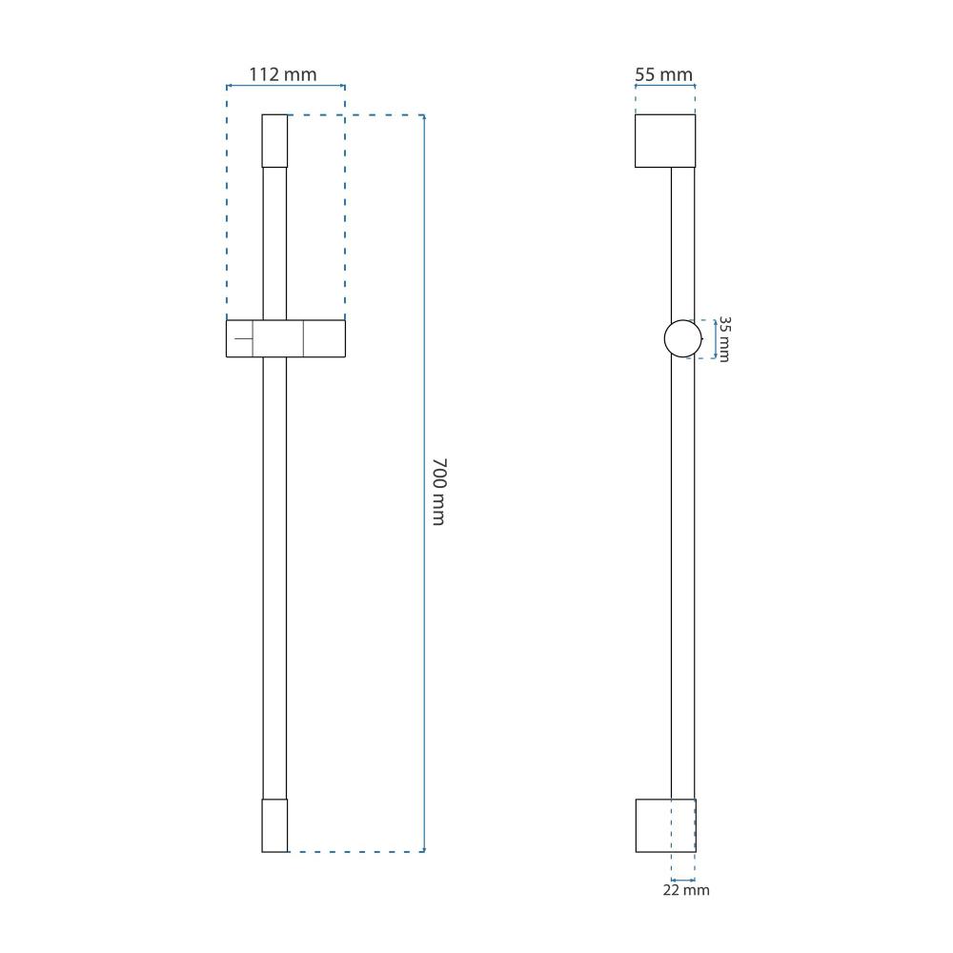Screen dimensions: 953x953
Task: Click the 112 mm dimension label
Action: pyautogui.click(x=283, y=74)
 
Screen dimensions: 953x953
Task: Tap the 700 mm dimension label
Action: pyautogui.click(x=438, y=492)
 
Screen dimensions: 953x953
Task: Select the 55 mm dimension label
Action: pyautogui.click(x=663, y=74)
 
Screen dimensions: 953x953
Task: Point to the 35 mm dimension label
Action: pyautogui.click(x=724, y=339)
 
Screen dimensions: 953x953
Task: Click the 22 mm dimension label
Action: pyautogui.click(x=686, y=890)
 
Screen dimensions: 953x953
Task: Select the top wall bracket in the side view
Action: pyautogui.click(x=665, y=141)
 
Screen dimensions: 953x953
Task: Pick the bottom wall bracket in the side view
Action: pyautogui.click(x=665, y=825)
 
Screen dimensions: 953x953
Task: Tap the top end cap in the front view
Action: pyautogui.click(x=274, y=141)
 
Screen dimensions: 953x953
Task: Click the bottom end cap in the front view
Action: pyautogui.click(x=274, y=825)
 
